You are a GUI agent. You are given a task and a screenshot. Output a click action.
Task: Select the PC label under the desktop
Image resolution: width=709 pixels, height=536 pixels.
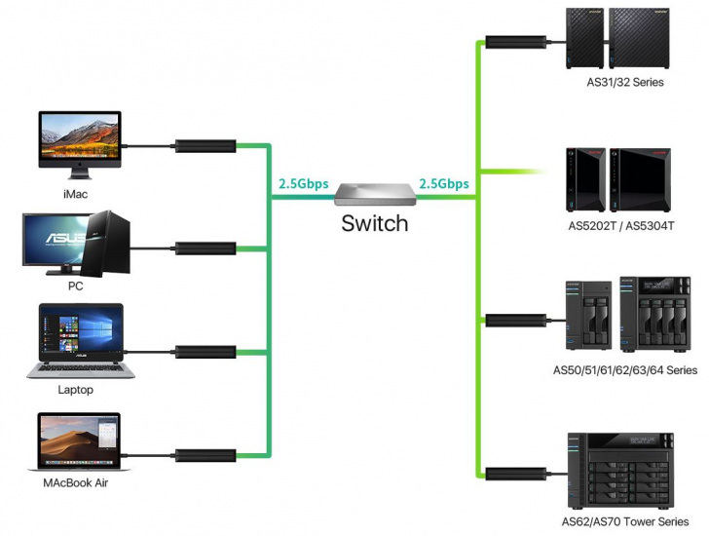click(x=75, y=287)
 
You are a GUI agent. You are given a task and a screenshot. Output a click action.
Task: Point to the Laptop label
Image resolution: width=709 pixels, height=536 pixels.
click(x=75, y=390)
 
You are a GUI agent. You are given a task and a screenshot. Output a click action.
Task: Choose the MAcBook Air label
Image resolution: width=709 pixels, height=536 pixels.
click(x=76, y=483)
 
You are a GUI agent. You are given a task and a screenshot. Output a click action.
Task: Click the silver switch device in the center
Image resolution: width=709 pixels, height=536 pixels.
click(x=375, y=194)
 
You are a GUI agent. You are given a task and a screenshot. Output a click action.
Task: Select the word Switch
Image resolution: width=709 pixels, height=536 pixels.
click(x=374, y=223)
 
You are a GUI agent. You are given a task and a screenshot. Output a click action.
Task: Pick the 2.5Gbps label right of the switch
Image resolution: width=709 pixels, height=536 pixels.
click(x=443, y=183)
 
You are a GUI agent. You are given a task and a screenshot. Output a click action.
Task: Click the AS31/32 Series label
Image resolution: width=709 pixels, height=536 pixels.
click(x=624, y=83)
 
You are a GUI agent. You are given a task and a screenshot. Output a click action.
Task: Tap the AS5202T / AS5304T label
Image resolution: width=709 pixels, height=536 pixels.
click(x=621, y=226)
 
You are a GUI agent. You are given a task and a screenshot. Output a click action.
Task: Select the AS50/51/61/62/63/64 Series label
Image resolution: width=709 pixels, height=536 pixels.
click(x=624, y=370)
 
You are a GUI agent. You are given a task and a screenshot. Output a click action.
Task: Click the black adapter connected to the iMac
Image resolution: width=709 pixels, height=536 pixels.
click(x=205, y=147)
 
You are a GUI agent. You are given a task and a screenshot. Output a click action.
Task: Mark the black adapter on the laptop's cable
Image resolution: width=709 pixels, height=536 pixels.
click(x=205, y=351)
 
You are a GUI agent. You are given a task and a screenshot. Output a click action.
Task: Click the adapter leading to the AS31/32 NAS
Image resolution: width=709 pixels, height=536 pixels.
click(x=514, y=43)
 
